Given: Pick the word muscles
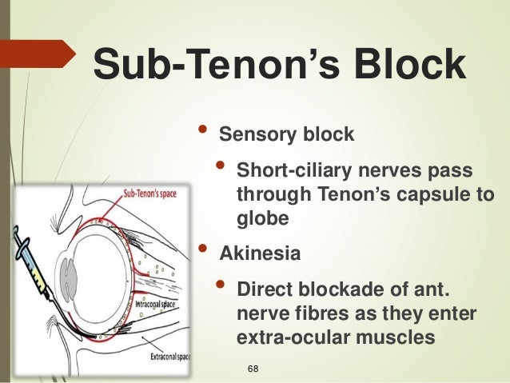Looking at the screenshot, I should [x=397, y=337].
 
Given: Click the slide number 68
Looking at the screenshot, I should [x=254, y=368].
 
